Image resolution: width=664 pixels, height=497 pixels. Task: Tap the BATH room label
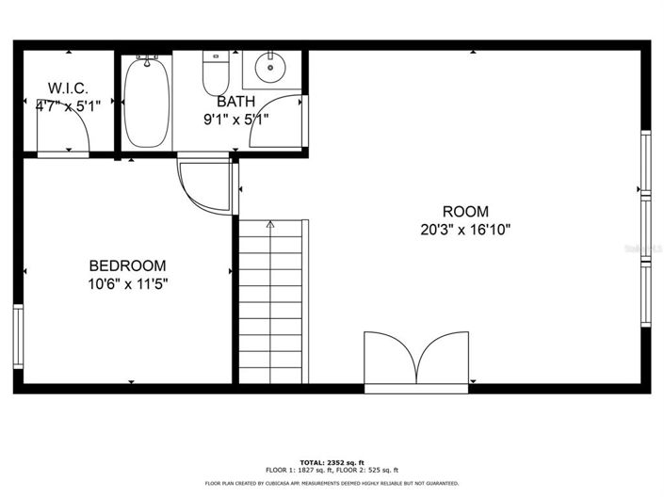(x=235, y=101)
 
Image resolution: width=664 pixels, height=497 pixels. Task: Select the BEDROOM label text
(x=127, y=265)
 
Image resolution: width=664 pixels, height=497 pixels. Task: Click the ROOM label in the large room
(x=465, y=212)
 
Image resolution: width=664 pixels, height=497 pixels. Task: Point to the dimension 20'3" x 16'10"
(x=466, y=229)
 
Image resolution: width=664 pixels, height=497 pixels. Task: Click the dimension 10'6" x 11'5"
(x=127, y=282)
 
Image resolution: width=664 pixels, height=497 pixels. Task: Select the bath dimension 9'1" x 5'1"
(x=235, y=119)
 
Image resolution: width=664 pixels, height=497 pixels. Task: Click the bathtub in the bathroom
(x=147, y=101)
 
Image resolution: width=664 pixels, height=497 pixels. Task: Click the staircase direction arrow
(x=270, y=226)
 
